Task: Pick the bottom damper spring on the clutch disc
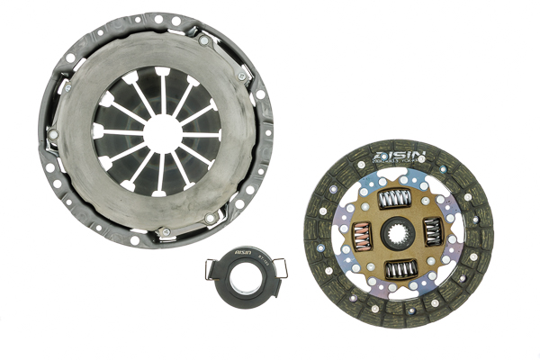(399, 269)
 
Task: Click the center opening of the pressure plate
(160, 132)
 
